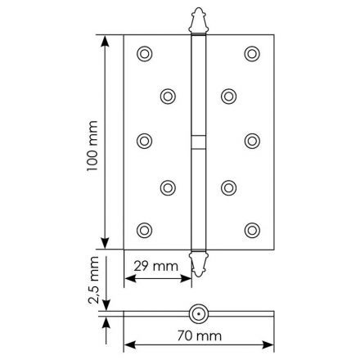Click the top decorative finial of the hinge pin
click(x=196, y=20)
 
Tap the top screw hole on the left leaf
click(x=145, y=53)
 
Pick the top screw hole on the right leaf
click(x=250, y=53)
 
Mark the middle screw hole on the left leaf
click(x=145, y=141)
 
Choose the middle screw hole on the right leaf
click(x=250, y=141)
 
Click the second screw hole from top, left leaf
click(x=168, y=96)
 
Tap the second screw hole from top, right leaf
click(x=227, y=96)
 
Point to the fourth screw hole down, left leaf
click(x=168, y=187)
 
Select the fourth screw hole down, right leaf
click(x=227, y=187)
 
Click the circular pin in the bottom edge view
click(x=197, y=313)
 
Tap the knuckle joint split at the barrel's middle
click(x=197, y=140)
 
